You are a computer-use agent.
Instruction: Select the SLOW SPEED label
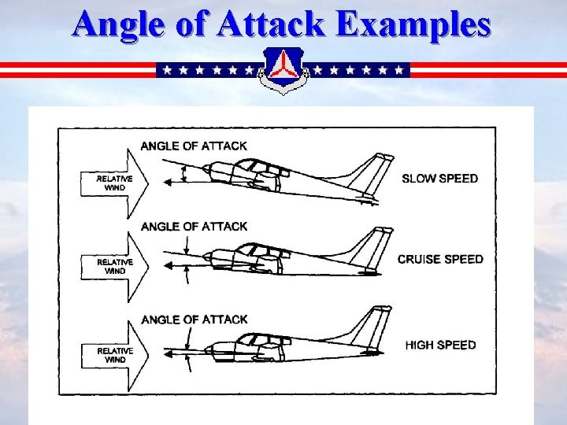pyautogui.click(x=439, y=179)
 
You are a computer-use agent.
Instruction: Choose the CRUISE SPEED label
pyautogui.click(x=440, y=259)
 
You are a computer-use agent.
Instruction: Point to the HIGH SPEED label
pyautogui.click(x=440, y=345)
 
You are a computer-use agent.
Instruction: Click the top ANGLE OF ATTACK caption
pyautogui.click(x=193, y=146)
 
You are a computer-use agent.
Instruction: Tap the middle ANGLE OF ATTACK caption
pyautogui.click(x=194, y=227)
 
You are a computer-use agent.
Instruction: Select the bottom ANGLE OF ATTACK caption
pyautogui.click(x=194, y=320)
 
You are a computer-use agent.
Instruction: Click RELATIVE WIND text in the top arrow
pyautogui.click(x=115, y=183)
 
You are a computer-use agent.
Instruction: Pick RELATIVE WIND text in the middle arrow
pyautogui.click(x=115, y=266)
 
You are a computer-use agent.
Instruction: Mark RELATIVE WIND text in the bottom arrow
pyautogui.click(x=115, y=355)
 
